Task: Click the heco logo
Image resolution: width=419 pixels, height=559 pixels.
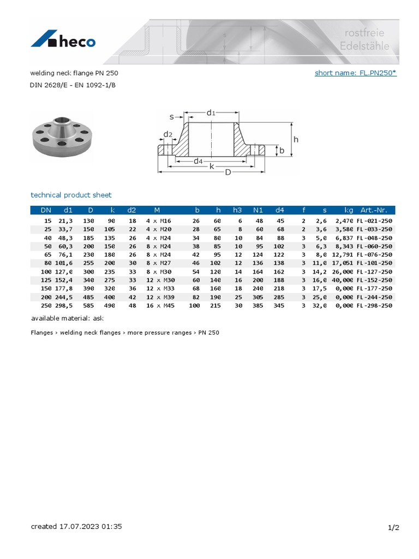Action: coord(63,41)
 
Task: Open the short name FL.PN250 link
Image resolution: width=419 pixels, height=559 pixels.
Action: coord(355,73)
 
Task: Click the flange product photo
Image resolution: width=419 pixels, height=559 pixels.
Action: coord(62,137)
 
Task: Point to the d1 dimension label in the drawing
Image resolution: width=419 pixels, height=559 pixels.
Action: coord(211,112)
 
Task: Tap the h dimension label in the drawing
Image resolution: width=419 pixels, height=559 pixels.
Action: coord(296,139)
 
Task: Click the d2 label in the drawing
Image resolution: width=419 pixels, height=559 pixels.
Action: coord(167,134)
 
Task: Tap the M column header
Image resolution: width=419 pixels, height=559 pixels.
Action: coord(157,210)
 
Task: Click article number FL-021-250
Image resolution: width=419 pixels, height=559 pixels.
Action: coord(374,221)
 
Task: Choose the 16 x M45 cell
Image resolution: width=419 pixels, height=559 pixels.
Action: coord(159,306)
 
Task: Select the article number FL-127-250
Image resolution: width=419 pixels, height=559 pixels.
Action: coord(374,272)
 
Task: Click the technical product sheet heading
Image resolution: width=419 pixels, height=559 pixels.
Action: coord(71,195)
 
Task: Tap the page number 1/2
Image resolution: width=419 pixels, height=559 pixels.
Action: coord(393,527)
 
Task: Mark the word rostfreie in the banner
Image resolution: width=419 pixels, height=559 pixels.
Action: coord(364,34)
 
